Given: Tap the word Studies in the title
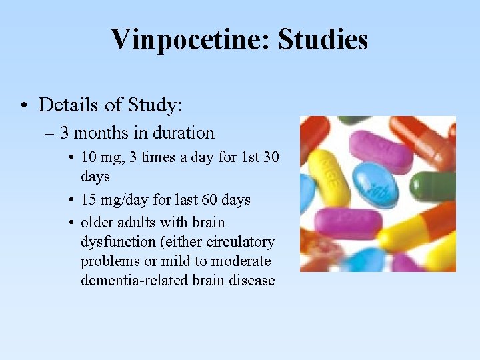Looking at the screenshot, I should tap(323, 39).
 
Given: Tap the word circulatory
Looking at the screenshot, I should tap(241, 241).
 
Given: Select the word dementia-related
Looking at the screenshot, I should tap(133, 280).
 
